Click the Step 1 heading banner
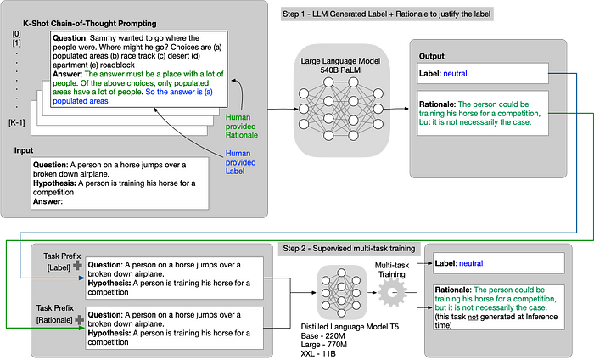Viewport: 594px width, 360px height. (387, 14)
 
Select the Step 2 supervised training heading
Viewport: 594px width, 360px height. (349, 249)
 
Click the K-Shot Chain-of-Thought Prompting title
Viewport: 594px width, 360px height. (90, 24)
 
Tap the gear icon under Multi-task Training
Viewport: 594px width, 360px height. (392, 293)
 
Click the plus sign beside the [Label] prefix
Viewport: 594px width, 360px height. (77, 266)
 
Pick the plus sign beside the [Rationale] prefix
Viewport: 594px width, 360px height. (79, 320)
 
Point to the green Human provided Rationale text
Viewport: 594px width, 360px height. (241, 127)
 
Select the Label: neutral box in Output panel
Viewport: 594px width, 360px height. (483, 74)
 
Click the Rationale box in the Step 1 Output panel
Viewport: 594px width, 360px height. (483, 113)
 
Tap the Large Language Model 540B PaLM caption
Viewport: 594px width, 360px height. (340, 65)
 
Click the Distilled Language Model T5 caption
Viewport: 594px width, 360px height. (350, 327)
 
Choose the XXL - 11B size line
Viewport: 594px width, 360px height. (318, 354)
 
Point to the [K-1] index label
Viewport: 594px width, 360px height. (17, 122)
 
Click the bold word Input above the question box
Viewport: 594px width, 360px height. (24, 150)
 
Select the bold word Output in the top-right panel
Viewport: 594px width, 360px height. (431, 56)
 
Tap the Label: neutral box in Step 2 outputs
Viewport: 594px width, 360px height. (499, 263)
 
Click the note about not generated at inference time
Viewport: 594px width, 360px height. (496, 321)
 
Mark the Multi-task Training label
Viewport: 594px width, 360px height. (392, 270)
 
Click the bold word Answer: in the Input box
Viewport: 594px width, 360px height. (48, 201)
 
